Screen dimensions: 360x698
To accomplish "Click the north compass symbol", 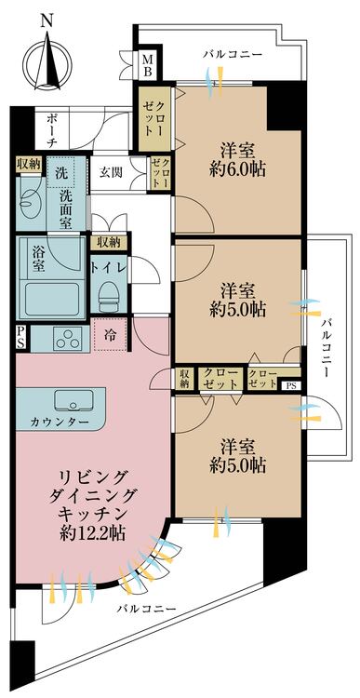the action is (47, 62).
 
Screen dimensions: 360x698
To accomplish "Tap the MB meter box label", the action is (148, 64).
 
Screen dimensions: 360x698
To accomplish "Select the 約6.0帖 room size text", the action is (238, 169).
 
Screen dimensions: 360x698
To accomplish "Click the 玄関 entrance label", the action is (112, 172).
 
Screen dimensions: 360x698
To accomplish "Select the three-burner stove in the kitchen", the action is (69, 339).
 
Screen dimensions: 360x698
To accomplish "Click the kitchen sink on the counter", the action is (73, 400).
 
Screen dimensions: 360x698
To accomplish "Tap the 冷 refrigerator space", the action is (110, 335).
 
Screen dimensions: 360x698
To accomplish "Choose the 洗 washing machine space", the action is (61, 173).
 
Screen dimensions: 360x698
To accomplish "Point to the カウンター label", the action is (60, 422).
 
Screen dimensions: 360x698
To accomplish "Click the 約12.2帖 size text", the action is (93, 532).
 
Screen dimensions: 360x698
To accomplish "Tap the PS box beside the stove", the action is (21, 337).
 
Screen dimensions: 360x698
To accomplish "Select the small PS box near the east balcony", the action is (290, 385).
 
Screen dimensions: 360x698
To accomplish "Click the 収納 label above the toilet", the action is (109, 243).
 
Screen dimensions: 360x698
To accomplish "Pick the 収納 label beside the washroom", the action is (28, 164).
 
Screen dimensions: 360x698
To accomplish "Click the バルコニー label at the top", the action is (233, 55).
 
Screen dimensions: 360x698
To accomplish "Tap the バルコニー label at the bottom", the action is (146, 609).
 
